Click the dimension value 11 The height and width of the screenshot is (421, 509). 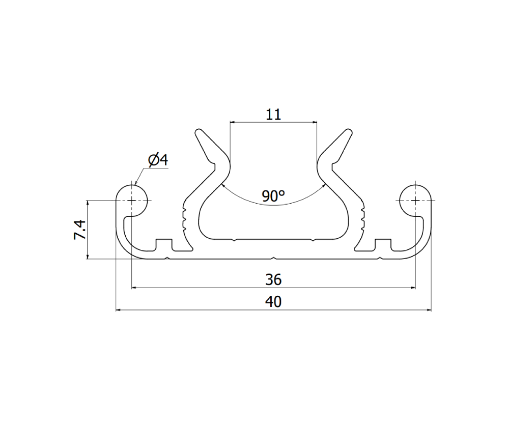273,115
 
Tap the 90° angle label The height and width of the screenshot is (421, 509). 273,196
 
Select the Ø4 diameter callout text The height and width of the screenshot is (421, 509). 158,160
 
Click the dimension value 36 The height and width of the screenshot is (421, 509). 273,279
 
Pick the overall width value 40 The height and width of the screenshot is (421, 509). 273,302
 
